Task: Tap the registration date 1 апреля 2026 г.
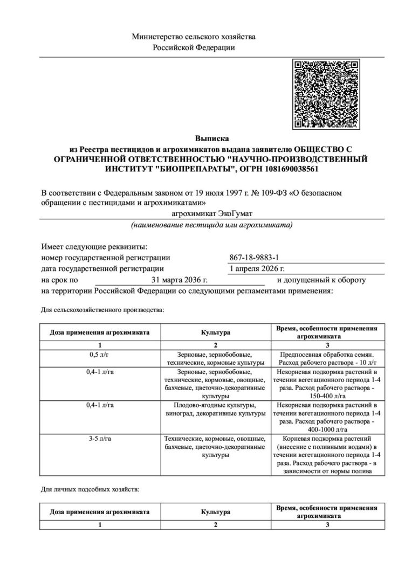pyautogui.click(x=258, y=269)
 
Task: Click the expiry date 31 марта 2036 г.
pyautogui.click(x=180, y=280)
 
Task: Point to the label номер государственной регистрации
pyautogui.click(x=105, y=258)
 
